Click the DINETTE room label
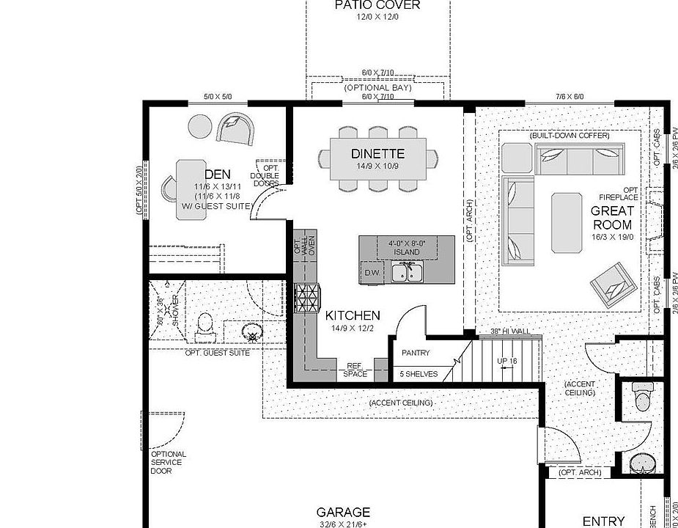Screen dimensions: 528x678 pos(377,154)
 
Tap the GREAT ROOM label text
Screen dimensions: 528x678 pos(612,218)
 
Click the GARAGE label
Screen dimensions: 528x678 pos(343,513)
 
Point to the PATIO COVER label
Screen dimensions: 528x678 pos(377,5)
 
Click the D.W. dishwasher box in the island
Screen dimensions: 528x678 pos(371,274)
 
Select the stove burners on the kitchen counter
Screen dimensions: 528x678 pos(307,297)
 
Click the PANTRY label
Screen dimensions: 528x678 pos(416,353)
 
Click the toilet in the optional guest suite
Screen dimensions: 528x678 pos(206,324)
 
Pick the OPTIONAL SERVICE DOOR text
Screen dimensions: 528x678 pos(168,462)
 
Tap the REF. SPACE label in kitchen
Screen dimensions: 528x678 pos(355,370)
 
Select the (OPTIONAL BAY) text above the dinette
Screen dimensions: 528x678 pos(377,88)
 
